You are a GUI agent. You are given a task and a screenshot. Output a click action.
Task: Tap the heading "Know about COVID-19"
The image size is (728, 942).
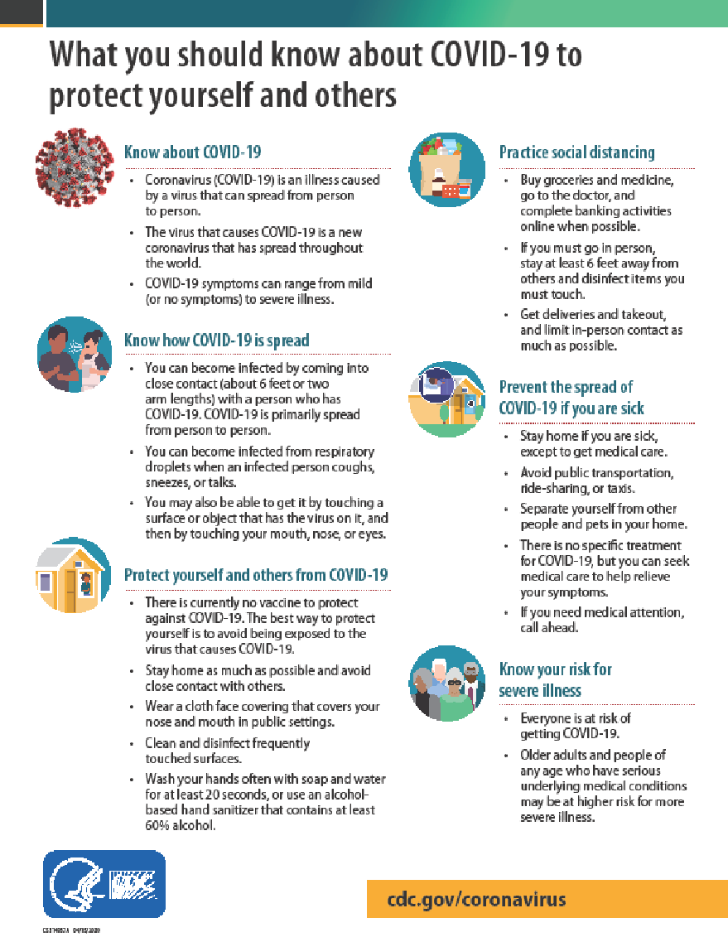192,152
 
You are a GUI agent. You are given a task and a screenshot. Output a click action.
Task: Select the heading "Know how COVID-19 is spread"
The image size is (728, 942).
216,340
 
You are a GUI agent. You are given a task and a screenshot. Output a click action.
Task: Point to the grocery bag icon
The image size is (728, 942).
446,170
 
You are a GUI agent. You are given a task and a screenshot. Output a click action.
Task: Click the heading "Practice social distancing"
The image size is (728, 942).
576,152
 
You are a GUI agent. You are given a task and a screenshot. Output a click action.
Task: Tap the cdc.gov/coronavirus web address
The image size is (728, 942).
477,900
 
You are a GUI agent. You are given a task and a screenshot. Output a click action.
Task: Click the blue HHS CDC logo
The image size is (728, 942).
104,885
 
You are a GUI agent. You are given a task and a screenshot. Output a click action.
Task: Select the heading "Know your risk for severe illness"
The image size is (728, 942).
555,679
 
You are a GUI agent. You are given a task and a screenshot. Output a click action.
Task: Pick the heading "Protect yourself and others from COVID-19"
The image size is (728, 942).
255,574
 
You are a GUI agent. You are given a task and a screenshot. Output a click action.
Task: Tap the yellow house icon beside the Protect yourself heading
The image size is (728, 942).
75,575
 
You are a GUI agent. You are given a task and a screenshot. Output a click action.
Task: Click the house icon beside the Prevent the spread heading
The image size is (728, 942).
446,399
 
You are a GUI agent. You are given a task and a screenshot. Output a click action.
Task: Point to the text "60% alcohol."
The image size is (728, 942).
181,826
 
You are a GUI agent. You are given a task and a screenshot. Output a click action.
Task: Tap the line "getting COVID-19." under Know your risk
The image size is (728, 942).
569,733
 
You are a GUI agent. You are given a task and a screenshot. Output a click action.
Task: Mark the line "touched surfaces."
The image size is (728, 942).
193,758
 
